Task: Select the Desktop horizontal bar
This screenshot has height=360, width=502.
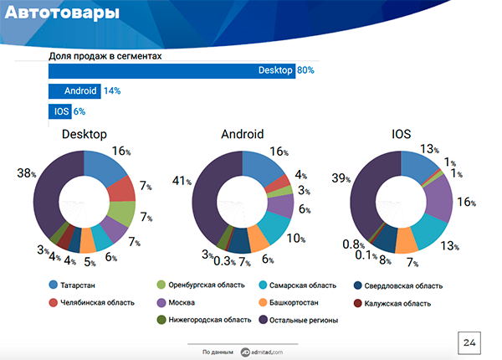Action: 172,70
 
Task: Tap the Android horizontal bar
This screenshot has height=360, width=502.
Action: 74,90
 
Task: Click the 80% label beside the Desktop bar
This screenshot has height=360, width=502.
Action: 305,70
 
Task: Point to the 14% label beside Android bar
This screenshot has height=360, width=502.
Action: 112,90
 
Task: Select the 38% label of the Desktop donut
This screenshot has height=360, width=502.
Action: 25,173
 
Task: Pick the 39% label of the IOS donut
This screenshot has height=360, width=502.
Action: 340,178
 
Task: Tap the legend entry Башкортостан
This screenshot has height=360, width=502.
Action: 293,302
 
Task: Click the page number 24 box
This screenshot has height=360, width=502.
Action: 469,342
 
